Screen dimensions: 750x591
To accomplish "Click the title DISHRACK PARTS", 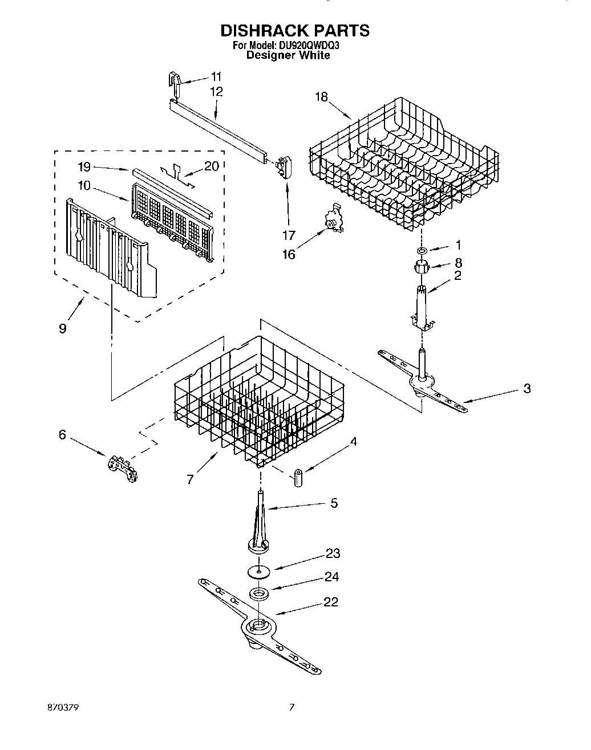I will point(295,30).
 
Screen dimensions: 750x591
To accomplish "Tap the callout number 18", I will point(321,97).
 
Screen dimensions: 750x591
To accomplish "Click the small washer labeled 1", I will point(420,250).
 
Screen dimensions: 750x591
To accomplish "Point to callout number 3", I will point(527,388).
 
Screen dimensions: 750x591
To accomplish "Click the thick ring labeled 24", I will point(260,593).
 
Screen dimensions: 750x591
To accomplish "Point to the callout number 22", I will point(330,602).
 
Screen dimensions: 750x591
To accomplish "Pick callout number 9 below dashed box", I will point(62,329).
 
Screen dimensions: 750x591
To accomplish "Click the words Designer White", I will point(288,55).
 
